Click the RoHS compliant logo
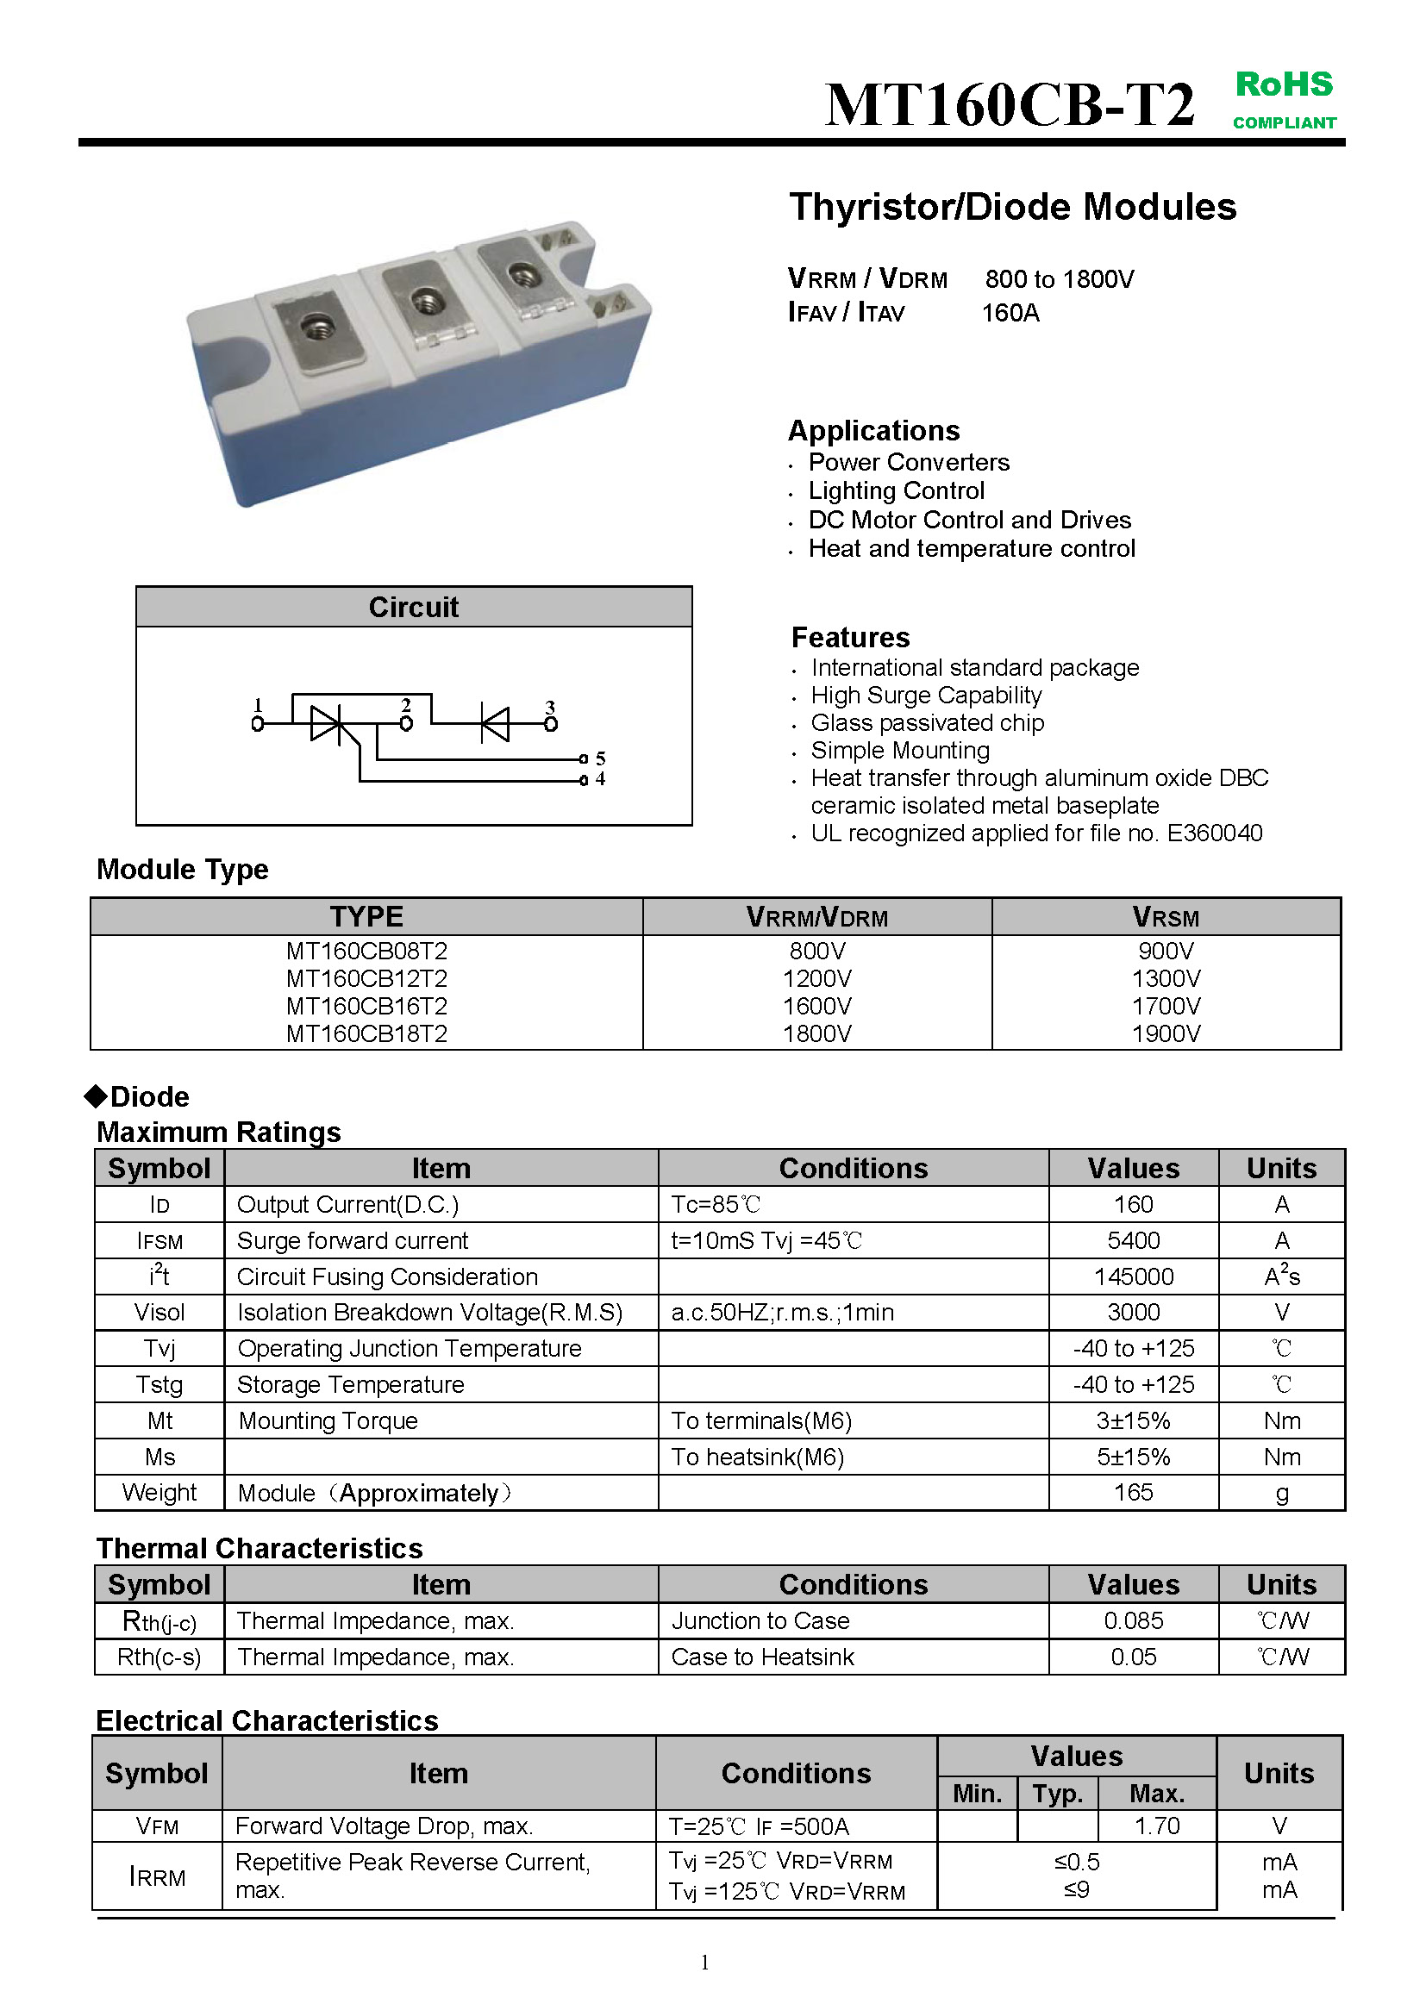tap(1284, 99)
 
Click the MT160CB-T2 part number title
tap(1010, 105)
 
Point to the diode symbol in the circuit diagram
tap(494, 723)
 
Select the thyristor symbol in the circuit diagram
tap(327, 723)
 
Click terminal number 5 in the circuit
tap(601, 758)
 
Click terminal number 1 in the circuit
tap(257, 705)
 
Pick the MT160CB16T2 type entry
tap(366, 1005)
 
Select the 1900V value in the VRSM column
tap(1166, 1033)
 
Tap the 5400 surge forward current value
tap(1133, 1240)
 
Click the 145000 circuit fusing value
tap(1133, 1276)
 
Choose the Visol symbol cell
tap(159, 1313)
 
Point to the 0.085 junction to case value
tap(1133, 1621)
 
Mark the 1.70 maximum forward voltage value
tap(1156, 1826)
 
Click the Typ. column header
tap(1057, 1793)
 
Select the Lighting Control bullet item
tap(896, 490)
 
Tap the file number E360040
tap(1215, 833)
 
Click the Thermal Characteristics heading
tap(259, 1548)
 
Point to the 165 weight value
tap(1133, 1492)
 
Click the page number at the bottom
tap(705, 1963)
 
